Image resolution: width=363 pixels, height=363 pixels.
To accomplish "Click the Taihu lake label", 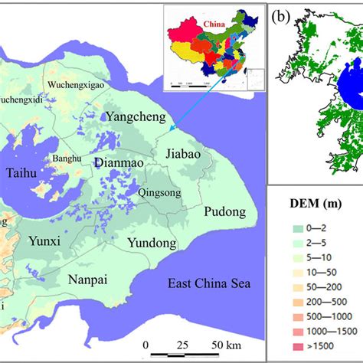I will pos(22,174).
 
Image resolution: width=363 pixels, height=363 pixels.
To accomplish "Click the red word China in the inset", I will pos(217,24).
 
